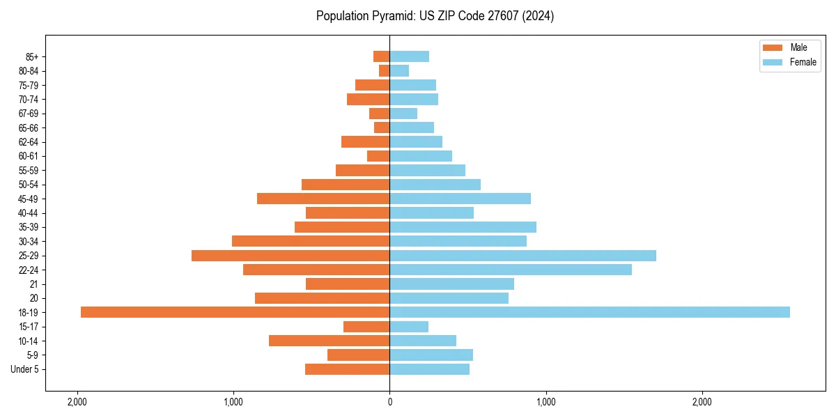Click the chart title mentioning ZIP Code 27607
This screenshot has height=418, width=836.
435,16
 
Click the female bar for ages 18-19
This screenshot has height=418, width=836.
589,312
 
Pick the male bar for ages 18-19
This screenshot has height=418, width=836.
235,312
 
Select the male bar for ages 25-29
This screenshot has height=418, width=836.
291,256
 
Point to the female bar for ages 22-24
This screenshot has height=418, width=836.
511,270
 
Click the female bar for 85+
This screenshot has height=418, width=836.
409,56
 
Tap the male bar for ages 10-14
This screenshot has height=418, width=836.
329,341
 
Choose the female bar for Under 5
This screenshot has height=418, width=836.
429,369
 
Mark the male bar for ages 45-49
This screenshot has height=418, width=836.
323,199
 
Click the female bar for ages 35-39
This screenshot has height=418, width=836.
463,227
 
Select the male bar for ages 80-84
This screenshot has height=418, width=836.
384,70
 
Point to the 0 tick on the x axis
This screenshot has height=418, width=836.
389,402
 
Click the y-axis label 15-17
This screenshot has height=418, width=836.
28,327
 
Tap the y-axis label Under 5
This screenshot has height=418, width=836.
24,369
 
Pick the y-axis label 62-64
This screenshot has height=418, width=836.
28,142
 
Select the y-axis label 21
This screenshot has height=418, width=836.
33,284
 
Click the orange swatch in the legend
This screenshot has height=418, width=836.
773,47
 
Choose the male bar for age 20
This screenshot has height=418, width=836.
322,298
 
